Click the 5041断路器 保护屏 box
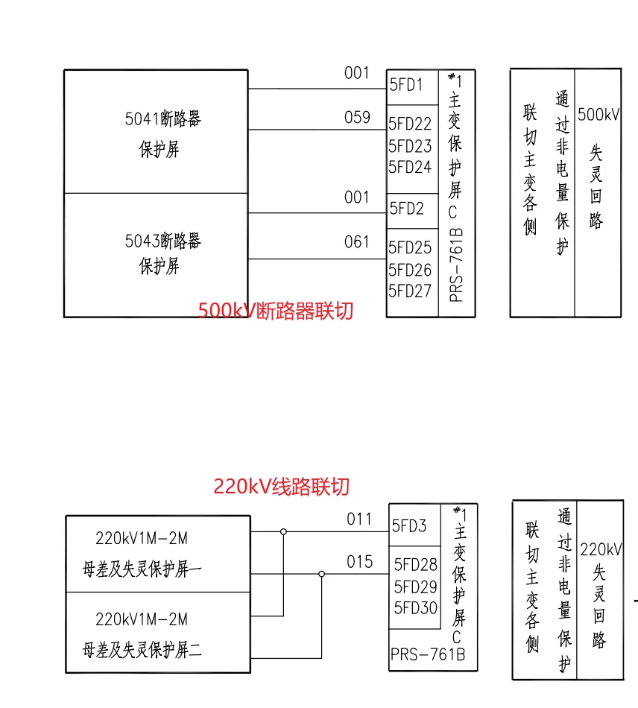point(156,132)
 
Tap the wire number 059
point(357,118)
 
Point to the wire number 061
point(357,241)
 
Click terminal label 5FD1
point(406,85)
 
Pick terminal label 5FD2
point(407,209)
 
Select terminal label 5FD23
point(410,146)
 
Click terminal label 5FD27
point(410,291)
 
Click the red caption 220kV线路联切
point(281,487)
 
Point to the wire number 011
point(359,519)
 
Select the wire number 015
point(359,562)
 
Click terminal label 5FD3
point(410,526)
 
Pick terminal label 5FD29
point(416,587)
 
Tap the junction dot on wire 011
point(283,532)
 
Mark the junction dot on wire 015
point(321,574)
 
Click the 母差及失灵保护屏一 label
point(142,570)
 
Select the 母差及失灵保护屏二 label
point(142,651)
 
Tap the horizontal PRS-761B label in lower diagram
point(428,655)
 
